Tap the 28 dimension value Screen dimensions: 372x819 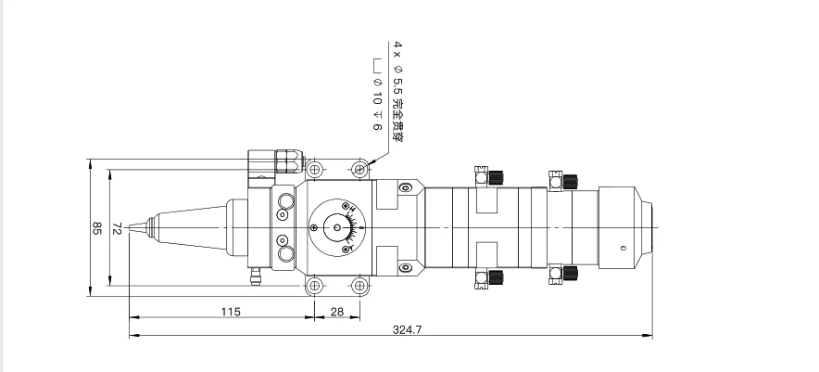(337, 312)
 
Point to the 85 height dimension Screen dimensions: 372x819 (96, 228)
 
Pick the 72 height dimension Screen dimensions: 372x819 (118, 228)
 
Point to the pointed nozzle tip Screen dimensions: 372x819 (131, 227)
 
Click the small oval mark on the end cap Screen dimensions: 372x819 (623, 248)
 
